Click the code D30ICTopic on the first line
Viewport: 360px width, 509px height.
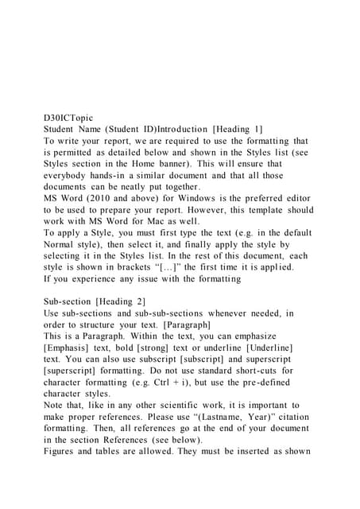(72, 116)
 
